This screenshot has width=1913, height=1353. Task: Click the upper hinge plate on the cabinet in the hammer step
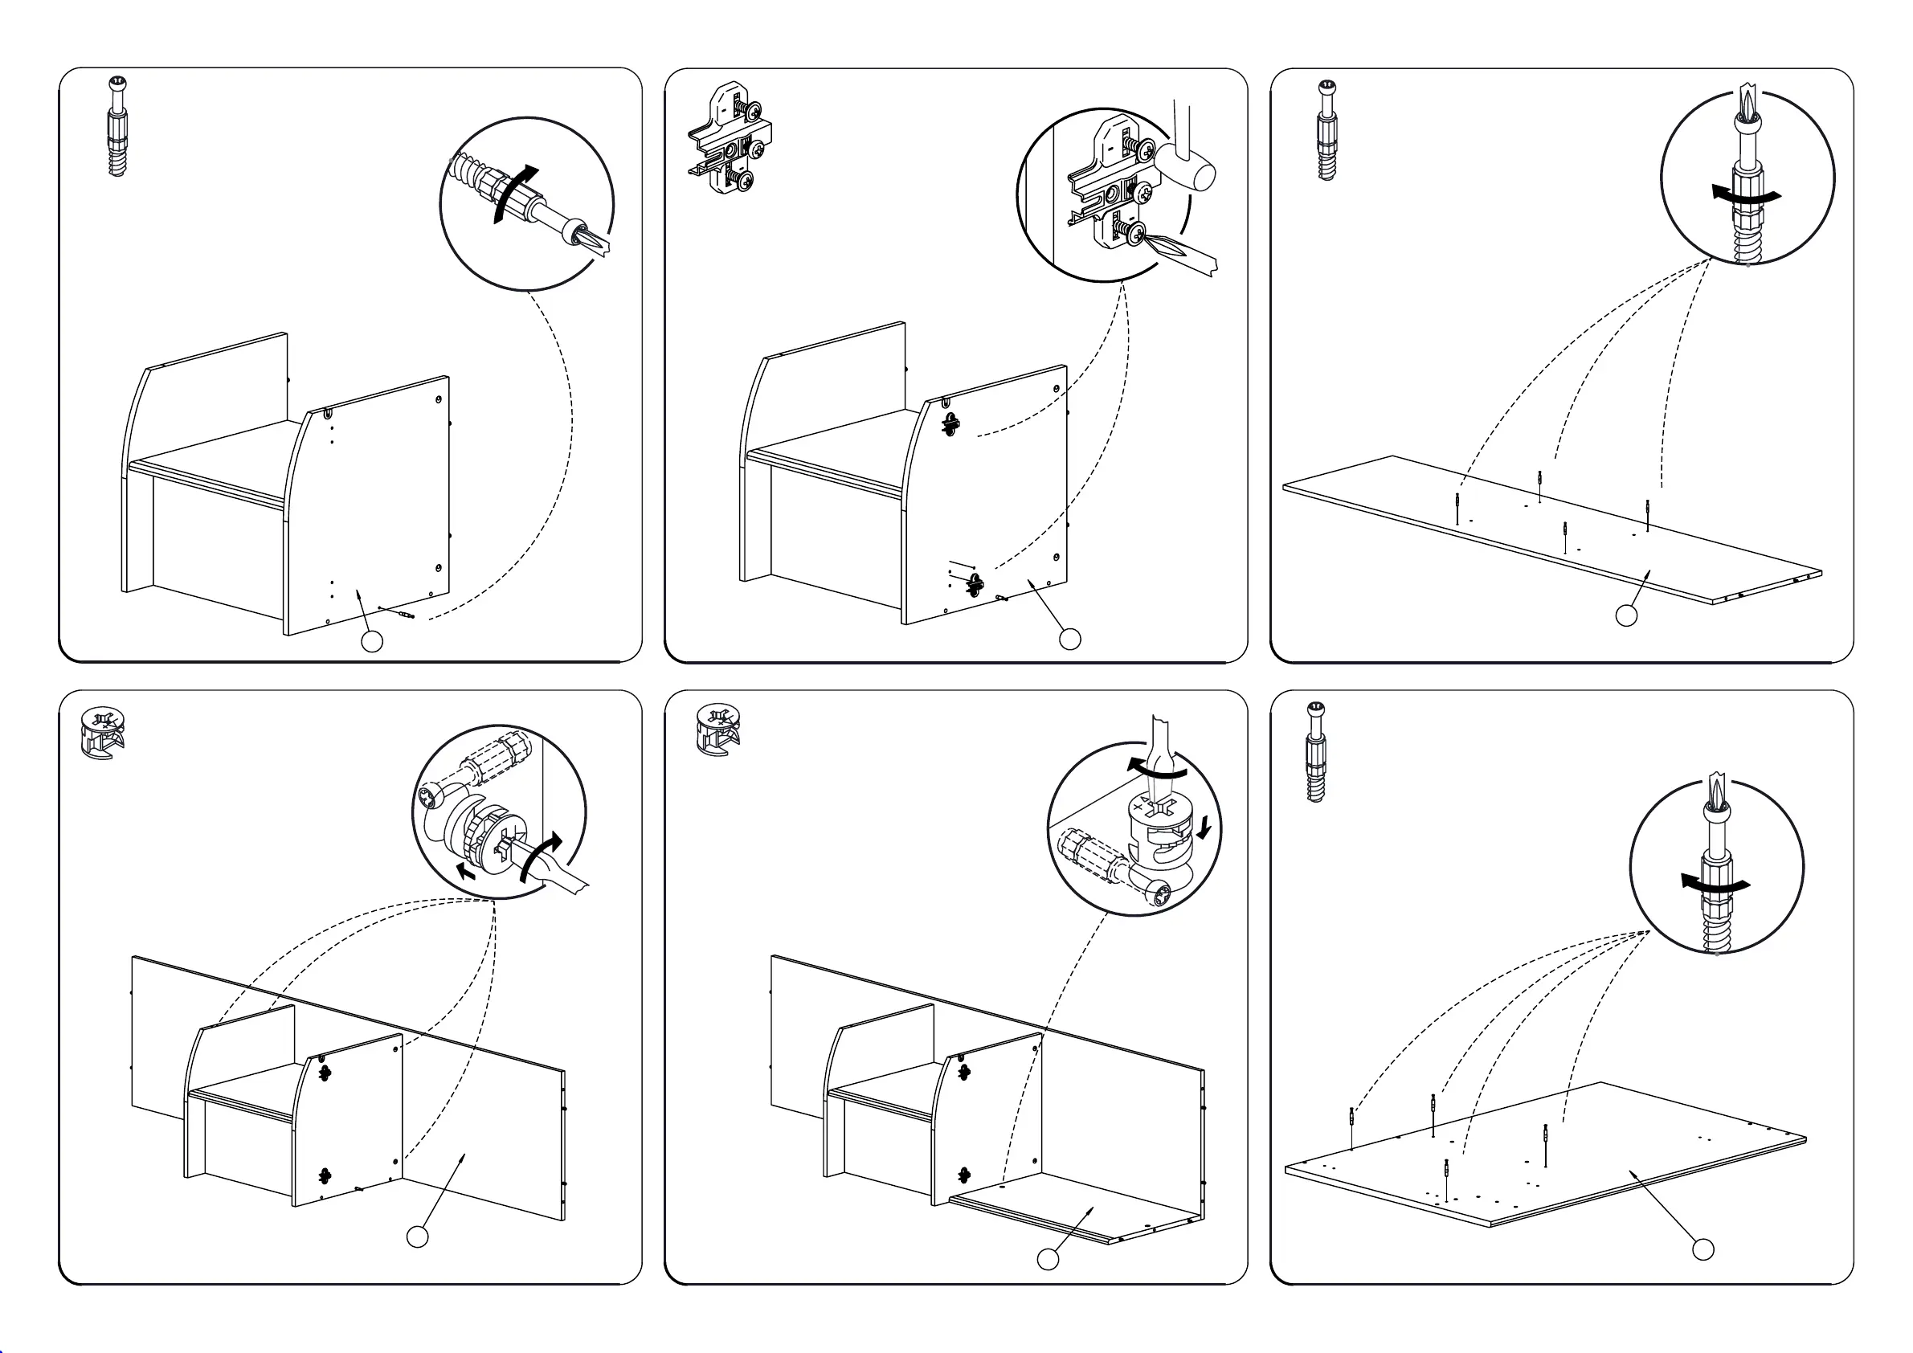(x=950, y=423)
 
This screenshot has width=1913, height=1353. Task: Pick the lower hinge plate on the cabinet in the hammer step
(x=972, y=584)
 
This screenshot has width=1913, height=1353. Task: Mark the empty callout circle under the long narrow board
(x=1626, y=615)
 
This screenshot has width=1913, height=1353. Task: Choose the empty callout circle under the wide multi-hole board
(x=1703, y=1249)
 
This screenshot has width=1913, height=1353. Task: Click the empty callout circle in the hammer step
(x=1070, y=639)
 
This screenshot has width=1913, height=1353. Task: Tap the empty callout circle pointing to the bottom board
(x=1048, y=1260)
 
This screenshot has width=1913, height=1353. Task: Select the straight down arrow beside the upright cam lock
(x=1202, y=828)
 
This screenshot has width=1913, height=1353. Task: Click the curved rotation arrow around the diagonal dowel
(x=512, y=191)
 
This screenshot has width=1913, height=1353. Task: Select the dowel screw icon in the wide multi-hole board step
(x=1315, y=751)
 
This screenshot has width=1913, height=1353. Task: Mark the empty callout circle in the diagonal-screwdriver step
(x=372, y=640)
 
